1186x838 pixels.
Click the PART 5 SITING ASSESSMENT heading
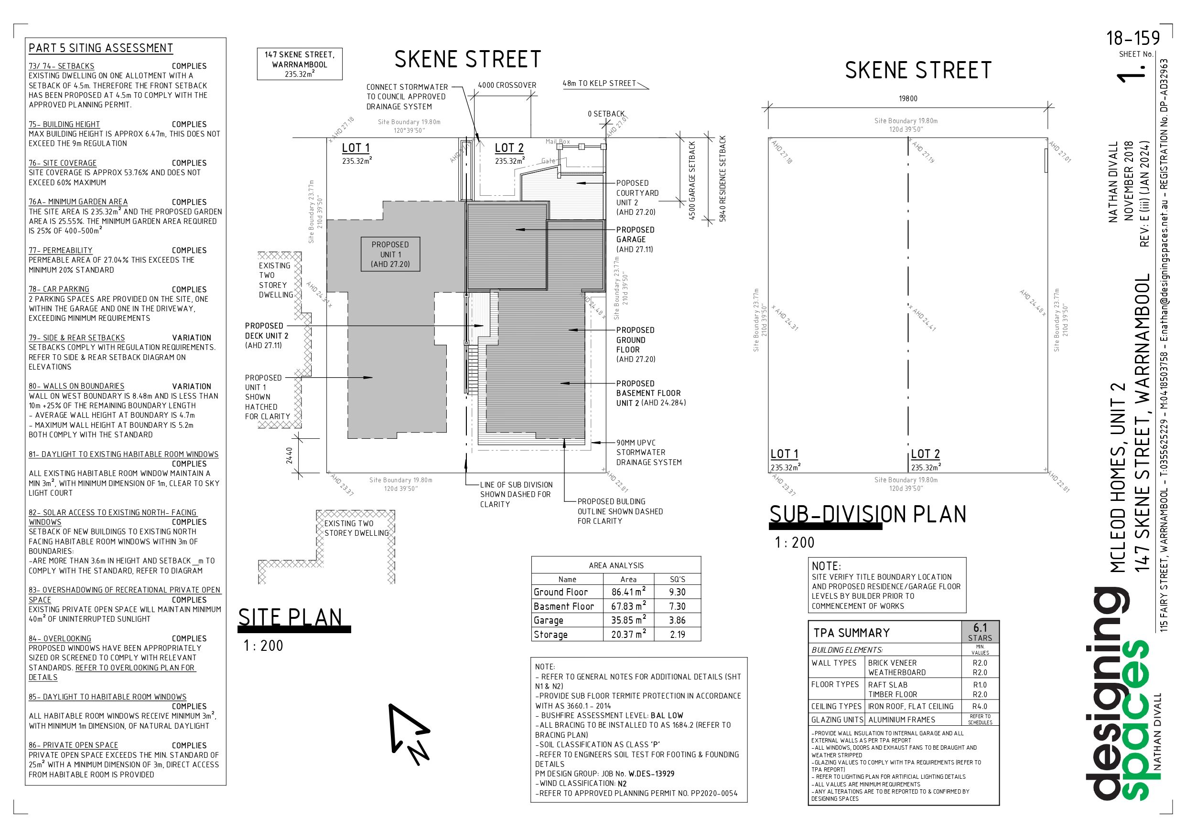(101, 48)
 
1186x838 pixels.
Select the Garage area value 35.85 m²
(628, 620)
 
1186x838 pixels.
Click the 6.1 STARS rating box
(980, 631)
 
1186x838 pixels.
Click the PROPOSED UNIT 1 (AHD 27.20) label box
(390, 254)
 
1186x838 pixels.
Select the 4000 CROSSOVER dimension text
(507, 85)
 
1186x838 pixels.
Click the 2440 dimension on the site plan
(289, 455)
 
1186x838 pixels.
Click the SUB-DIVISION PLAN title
(867, 514)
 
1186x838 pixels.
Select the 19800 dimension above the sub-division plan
(907, 99)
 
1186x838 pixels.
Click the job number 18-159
(1132, 39)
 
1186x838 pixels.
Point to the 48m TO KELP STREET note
(599, 83)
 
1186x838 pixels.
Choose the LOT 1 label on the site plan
(356, 148)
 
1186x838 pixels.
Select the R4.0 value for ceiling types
(980, 706)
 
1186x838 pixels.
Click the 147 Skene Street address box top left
(300, 64)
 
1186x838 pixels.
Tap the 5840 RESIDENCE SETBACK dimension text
(722, 179)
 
